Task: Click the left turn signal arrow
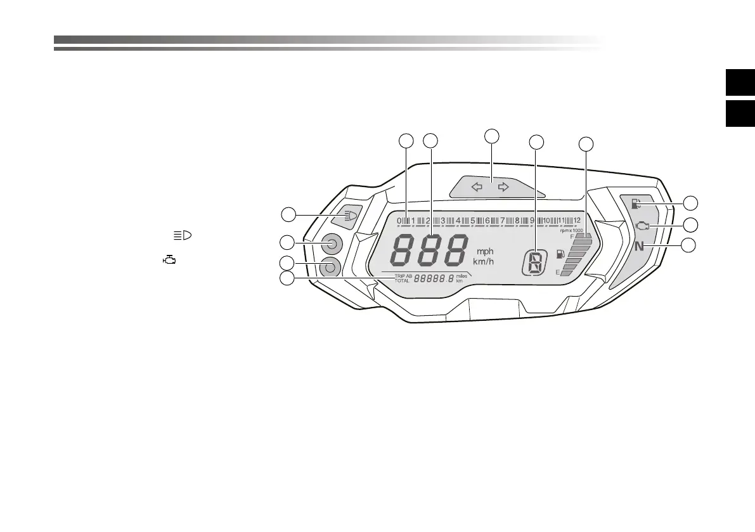pyautogui.click(x=477, y=187)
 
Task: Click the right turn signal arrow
pyautogui.click(x=503, y=187)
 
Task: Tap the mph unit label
pyautogui.click(x=485, y=252)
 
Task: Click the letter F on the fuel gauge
pyautogui.click(x=572, y=236)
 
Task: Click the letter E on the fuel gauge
pyautogui.click(x=558, y=273)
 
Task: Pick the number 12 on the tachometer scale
pyautogui.click(x=576, y=220)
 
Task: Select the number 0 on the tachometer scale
pyautogui.click(x=399, y=221)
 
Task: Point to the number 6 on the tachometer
pyautogui.click(x=487, y=221)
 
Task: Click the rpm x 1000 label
pyautogui.click(x=571, y=230)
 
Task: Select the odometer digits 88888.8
pyautogui.click(x=434, y=278)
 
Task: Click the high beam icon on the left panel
pyautogui.click(x=348, y=216)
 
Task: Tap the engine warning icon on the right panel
pyautogui.click(x=642, y=225)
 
